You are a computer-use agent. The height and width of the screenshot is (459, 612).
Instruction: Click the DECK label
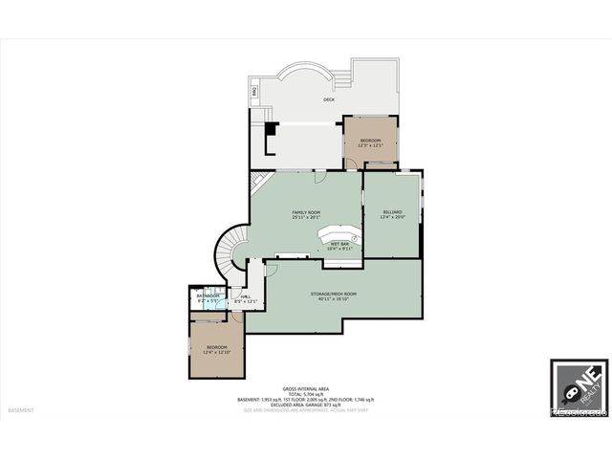tap(328, 98)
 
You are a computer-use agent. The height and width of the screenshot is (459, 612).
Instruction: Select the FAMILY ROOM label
tap(306, 211)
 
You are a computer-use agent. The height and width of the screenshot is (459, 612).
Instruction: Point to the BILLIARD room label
tap(392, 211)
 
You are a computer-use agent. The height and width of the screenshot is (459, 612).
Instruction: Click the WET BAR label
tap(339, 243)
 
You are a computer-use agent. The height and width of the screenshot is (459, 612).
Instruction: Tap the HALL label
tap(246, 296)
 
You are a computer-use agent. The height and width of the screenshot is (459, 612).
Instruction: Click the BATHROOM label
tap(208, 295)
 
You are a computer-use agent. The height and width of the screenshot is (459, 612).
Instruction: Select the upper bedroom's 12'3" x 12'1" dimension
tap(371, 146)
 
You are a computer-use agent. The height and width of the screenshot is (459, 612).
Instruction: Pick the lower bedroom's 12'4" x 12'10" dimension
tap(215, 353)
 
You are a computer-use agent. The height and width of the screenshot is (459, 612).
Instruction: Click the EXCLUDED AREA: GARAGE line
tap(306, 404)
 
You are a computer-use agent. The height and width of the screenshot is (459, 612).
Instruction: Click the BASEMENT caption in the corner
tap(21, 410)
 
